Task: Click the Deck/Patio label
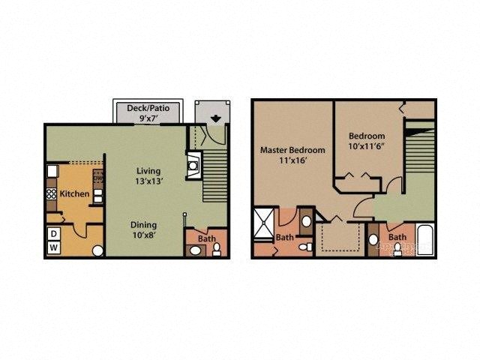(148, 108)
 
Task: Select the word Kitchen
(75, 194)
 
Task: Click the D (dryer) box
(54, 234)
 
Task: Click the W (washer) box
(54, 247)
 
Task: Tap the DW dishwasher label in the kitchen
(97, 178)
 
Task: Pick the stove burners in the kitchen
(52, 193)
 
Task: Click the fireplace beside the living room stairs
(193, 163)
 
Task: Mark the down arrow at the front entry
(216, 117)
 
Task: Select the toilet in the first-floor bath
(195, 250)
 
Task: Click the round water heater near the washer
(97, 250)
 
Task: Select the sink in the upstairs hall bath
(373, 240)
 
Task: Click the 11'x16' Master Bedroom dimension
(289, 161)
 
